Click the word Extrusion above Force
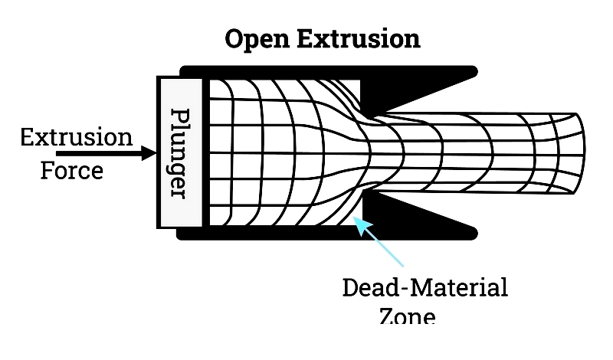[76, 138]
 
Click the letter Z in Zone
[388, 316]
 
